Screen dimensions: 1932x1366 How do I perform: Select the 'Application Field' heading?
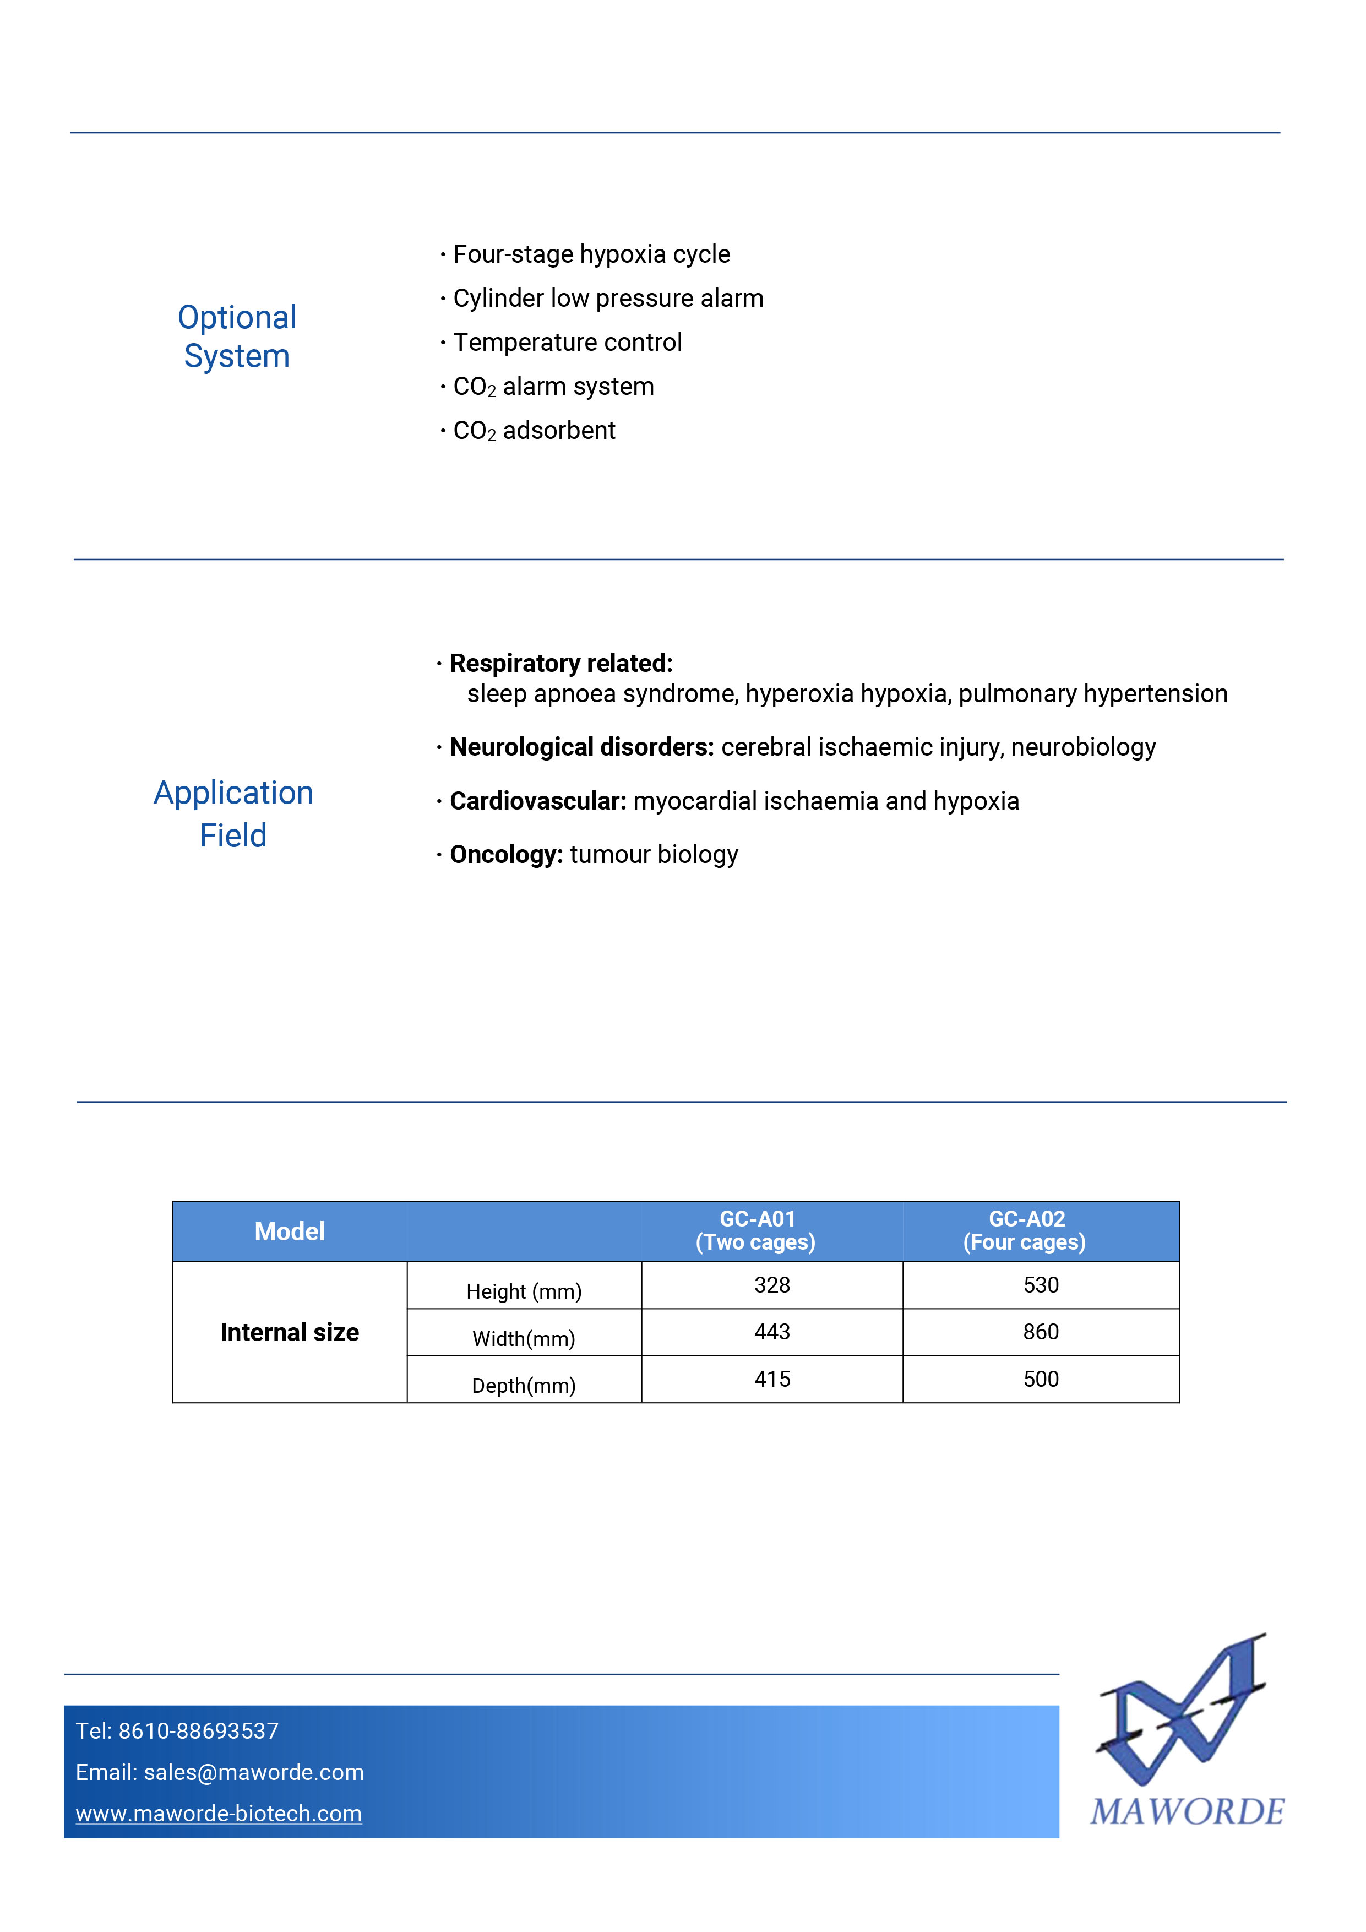tap(233, 813)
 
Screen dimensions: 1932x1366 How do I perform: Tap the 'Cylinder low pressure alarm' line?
tap(607, 298)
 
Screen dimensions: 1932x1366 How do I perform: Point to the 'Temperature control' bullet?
tap(567, 343)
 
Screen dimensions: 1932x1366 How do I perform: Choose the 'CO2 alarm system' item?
tap(553, 386)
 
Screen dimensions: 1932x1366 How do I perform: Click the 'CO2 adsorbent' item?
tap(534, 431)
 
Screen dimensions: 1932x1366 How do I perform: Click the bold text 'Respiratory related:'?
tap(561, 663)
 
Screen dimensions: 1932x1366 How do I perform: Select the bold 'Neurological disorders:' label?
tap(581, 747)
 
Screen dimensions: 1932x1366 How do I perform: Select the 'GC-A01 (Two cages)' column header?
tap(756, 1230)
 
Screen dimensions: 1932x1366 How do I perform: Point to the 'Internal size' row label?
tap(290, 1332)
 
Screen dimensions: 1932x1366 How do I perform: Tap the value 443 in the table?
tap(772, 1332)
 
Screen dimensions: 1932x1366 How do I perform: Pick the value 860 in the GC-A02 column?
tap(1041, 1332)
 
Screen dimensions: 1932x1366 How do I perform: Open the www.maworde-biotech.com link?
tap(219, 1814)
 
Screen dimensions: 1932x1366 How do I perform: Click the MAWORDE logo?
tap(1187, 1733)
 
